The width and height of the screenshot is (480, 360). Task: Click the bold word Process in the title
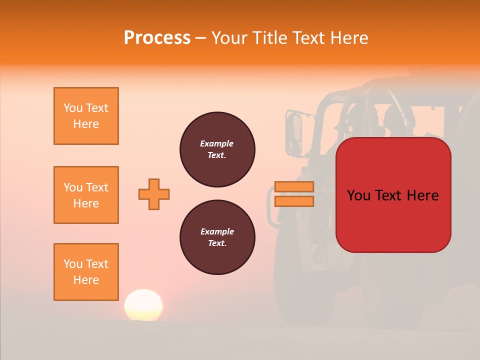157,38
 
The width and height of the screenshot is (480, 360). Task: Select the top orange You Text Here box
86,116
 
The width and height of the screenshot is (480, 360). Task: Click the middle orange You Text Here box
86,195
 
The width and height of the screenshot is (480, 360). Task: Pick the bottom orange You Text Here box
86,272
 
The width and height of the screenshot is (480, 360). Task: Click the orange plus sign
154,194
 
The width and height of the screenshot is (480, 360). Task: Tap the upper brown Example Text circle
217,149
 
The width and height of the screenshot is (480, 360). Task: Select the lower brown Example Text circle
217,237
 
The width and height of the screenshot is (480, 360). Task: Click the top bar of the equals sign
294,187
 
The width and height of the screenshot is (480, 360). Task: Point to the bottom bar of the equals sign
294,201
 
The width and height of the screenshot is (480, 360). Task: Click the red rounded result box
393,220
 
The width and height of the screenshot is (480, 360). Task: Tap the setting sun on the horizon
143,305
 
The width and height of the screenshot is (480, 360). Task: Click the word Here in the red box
422,195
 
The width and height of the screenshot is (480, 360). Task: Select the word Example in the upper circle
216,143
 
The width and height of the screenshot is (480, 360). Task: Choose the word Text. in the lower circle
217,243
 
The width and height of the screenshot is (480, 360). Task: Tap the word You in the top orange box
72,108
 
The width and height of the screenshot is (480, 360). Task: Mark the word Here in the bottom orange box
86,280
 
